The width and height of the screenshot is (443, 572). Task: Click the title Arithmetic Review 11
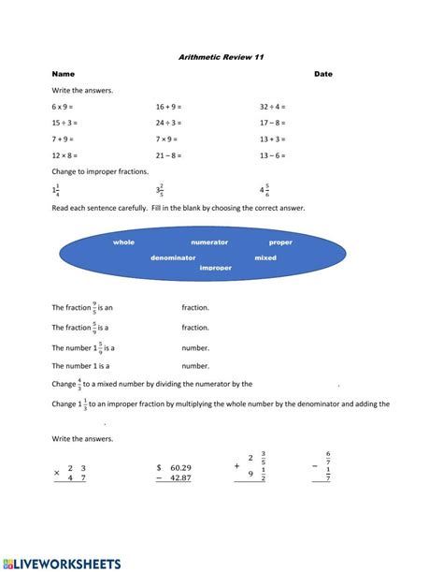(221, 57)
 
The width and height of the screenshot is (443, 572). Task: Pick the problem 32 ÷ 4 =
(273, 107)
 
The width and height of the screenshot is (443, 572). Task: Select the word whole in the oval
(123, 242)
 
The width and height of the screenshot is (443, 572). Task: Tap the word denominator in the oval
(173, 257)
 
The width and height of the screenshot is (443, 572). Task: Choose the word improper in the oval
(216, 268)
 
